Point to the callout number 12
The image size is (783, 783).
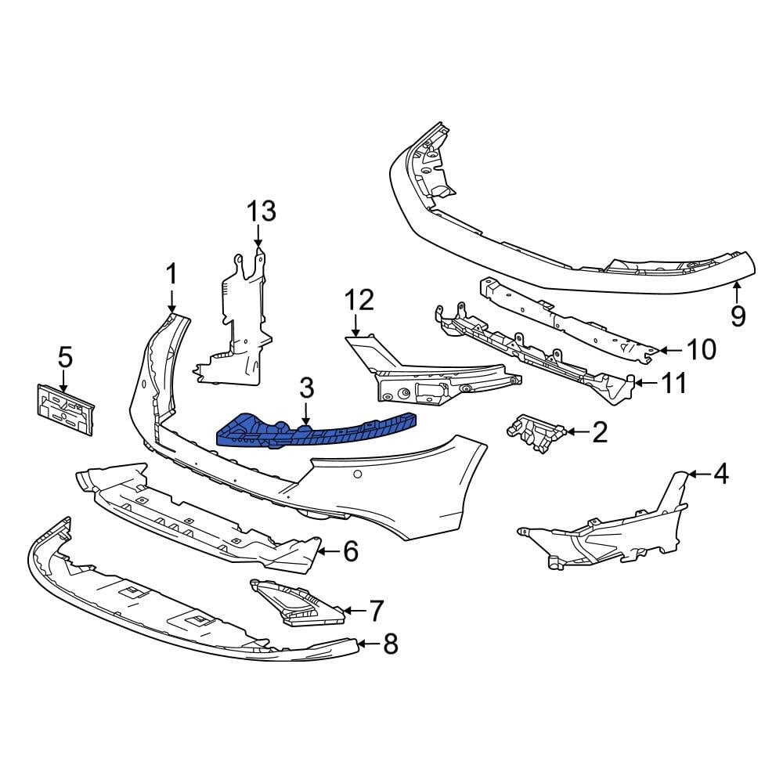[360, 299]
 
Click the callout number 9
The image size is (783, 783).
[738, 316]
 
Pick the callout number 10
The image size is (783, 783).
[701, 350]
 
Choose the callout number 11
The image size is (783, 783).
[673, 384]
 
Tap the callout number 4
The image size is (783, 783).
[720, 474]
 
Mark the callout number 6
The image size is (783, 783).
[349, 552]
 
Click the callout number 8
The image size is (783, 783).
[389, 644]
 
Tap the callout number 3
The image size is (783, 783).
[305, 387]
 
